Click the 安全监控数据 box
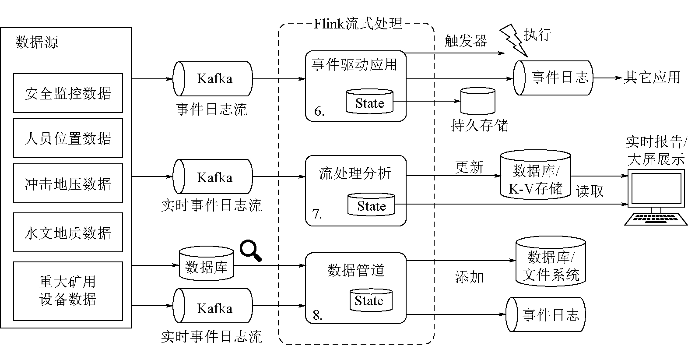[68, 93]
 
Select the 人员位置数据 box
[68, 138]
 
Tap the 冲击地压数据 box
[68, 184]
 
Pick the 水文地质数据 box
[68, 233]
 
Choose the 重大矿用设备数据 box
[68, 291]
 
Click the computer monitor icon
[655, 197]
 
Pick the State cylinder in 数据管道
[370, 300]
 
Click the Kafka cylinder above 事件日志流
[213, 79]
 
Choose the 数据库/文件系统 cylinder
[551, 262]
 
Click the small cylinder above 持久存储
[478, 101]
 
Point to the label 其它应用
[652, 78]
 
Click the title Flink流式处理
[358, 23]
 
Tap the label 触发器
[465, 41]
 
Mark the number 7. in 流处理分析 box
[317, 214]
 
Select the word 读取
[590, 191]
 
